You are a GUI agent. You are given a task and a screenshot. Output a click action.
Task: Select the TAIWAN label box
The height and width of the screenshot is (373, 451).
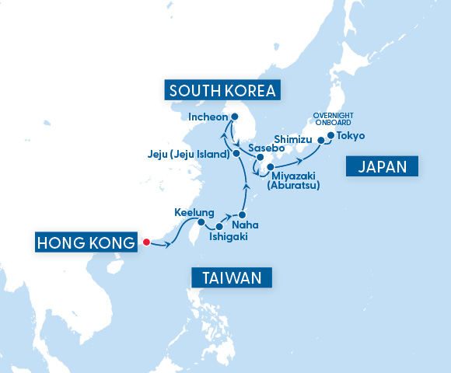(232, 277)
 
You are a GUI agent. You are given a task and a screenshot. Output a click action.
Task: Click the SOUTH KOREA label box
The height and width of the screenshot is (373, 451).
(222, 91)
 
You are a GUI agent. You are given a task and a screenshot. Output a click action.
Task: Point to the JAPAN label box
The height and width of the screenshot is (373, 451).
(387, 166)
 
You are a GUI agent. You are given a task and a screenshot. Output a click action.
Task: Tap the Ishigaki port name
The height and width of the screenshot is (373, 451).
(229, 237)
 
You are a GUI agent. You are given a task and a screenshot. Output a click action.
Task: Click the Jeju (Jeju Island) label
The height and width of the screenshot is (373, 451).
(188, 154)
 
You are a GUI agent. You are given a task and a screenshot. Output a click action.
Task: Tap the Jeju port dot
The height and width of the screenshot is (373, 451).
(236, 154)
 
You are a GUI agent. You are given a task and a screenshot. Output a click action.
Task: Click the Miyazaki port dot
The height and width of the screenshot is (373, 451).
(270, 167)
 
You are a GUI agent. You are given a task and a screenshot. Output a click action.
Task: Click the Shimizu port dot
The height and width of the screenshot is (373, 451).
(319, 141)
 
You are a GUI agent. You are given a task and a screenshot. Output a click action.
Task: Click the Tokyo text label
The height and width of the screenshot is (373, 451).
(351, 136)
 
